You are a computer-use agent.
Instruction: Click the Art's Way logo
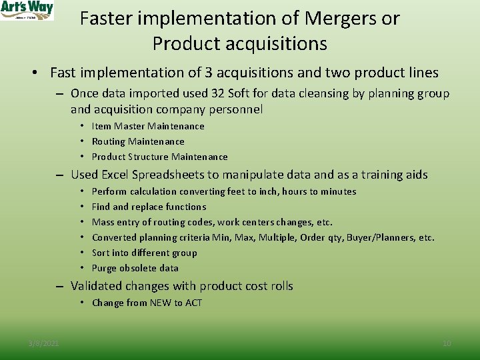tap(27, 10)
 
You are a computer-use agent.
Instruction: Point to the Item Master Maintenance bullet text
tap(148, 126)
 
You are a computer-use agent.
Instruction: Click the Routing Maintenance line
tap(138, 141)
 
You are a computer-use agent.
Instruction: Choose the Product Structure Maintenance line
tap(159, 157)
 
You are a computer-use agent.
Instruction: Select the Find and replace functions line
tap(149, 207)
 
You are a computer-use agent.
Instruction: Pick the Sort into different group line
tap(144, 253)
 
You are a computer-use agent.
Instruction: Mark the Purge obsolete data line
tap(135, 268)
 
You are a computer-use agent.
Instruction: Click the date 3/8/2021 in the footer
tap(43, 343)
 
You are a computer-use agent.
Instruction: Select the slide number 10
tap(447, 343)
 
